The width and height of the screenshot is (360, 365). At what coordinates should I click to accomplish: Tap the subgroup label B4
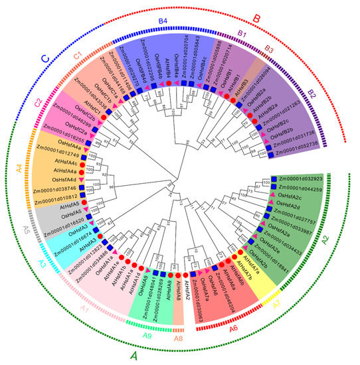162,21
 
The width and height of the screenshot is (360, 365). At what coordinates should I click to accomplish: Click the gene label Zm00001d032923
309,179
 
